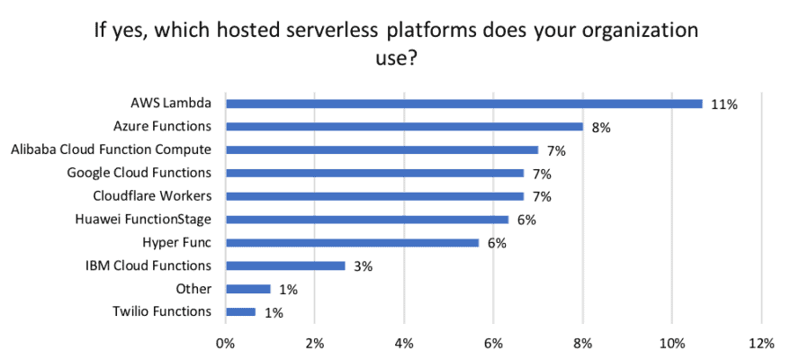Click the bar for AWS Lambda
pos(463,103)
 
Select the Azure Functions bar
pos(404,127)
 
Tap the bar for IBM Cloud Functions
pos(285,265)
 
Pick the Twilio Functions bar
pos(240,312)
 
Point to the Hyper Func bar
pos(352,242)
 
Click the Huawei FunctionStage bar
pos(367,219)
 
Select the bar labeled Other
pos(247,289)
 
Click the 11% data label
pos(724,104)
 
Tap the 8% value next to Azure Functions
pos(601,128)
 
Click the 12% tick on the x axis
pos(761,343)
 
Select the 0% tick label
pos(225,343)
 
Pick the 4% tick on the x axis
pos(404,343)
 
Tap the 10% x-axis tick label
pos(672,343)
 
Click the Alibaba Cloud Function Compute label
pos(111,149)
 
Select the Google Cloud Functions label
pos(139,173)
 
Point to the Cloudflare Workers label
pos(152,196)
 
